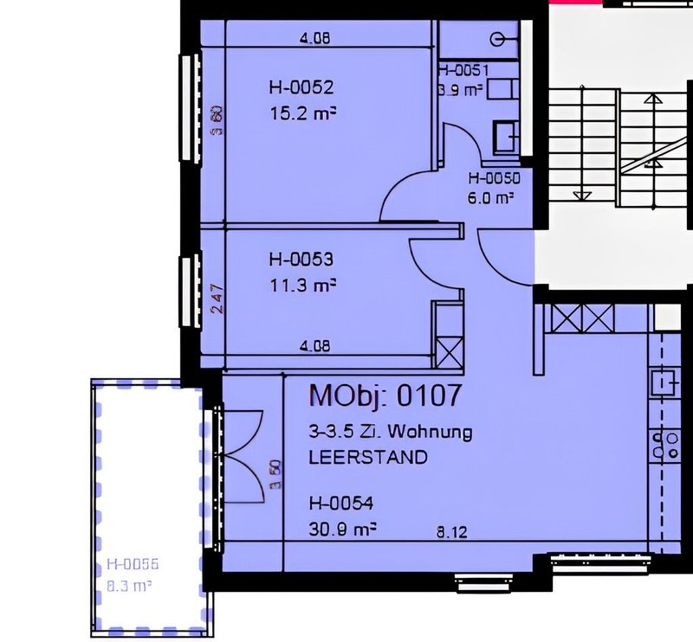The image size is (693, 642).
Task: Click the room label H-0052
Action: (301, 87)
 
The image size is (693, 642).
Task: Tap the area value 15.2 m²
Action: (302, 111)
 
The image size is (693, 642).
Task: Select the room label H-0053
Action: (301, 259)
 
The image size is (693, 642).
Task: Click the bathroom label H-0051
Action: (464, 72)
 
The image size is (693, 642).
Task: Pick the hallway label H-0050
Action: (493, 179)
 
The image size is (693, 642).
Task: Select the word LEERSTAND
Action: (368, 458)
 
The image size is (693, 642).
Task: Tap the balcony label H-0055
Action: (133, 565)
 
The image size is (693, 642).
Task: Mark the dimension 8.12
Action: (451, 534)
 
